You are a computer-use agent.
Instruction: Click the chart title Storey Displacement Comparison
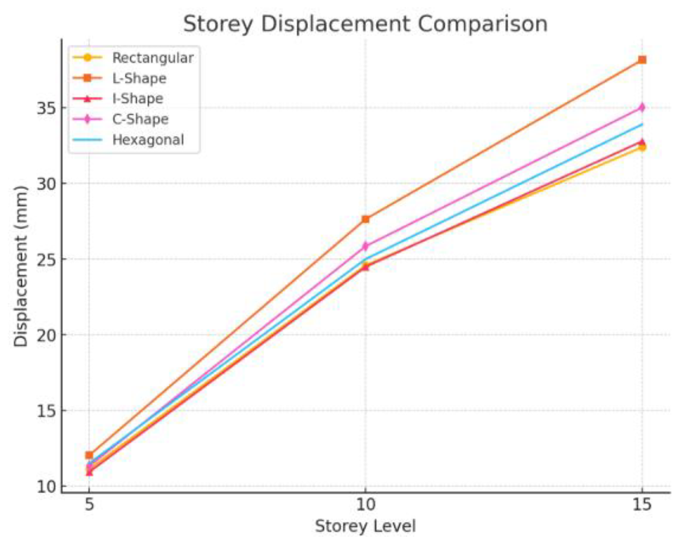pyautogui.click(x=365, y=25)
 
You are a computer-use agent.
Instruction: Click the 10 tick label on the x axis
pyautogui.click(x=365, y=504)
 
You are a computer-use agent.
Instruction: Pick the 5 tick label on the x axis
pyautogui.click(x=89, y=504)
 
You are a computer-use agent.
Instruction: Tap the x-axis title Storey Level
pyautogui.click(x=365, y=526)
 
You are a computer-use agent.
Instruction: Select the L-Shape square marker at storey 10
pyautogui.click(x=365, y=219)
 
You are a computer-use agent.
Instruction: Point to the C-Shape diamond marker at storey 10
pyautogui.click(x=365, y=246)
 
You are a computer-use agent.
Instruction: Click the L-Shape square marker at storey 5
pyautogui.click(x=89, y=455)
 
